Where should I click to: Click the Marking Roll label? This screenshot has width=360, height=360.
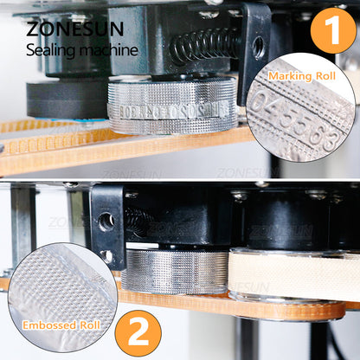pos(302,76)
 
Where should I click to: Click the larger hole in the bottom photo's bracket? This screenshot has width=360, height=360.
pos(106,222)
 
